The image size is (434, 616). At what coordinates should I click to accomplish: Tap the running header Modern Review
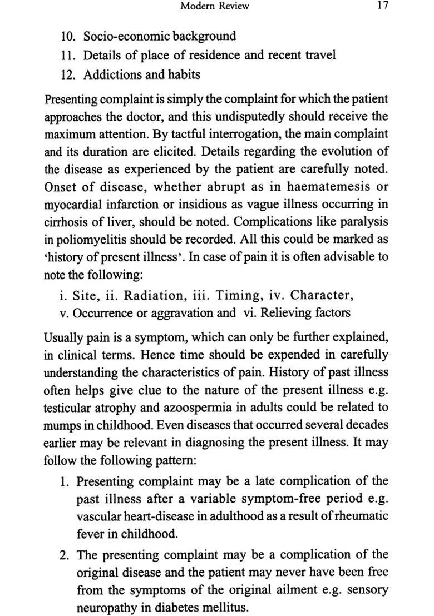pyautogui.click(x=215, y=6)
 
